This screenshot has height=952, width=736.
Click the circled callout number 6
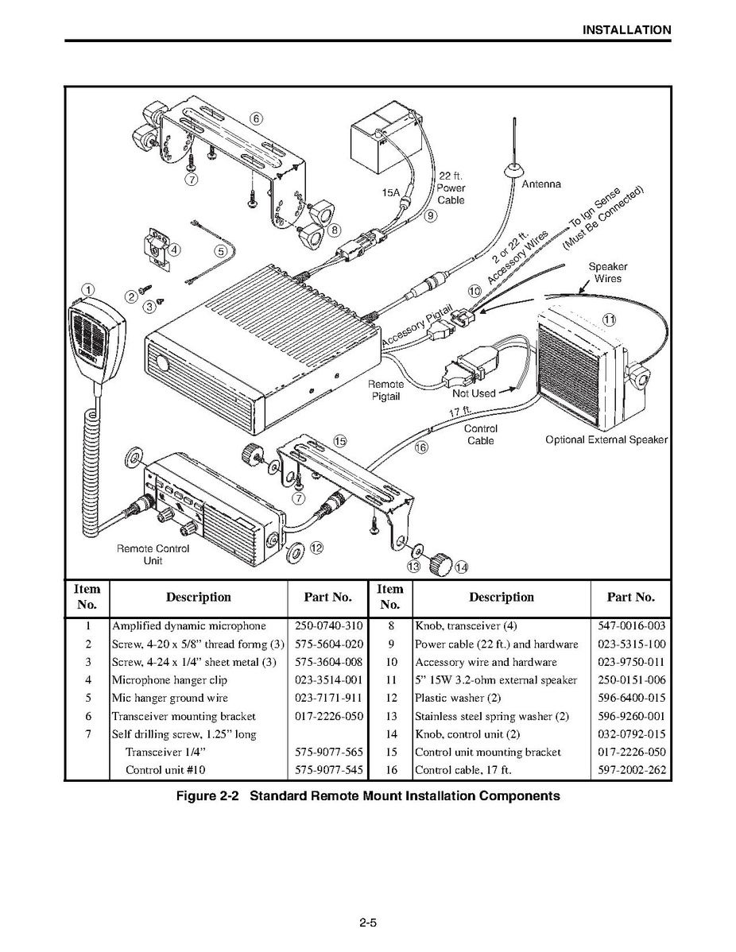tap(255, 118)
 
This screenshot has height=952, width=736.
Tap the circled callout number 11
tap(609, 319)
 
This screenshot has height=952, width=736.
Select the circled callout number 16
tap(421, 447)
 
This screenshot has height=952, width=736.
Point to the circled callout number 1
tap(88, 289)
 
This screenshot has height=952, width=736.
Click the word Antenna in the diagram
tap(540, 184)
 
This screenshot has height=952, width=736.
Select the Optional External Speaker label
tap(606, 439)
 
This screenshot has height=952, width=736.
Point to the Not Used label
tap(473, 393)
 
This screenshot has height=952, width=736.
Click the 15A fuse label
tap(391, 192)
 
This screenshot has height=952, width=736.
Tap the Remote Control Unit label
tap(153, 555)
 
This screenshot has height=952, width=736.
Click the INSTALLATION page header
tap(626, 30)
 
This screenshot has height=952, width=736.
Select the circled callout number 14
tap(462, 567)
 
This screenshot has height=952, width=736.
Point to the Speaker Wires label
tap(608, 273)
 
